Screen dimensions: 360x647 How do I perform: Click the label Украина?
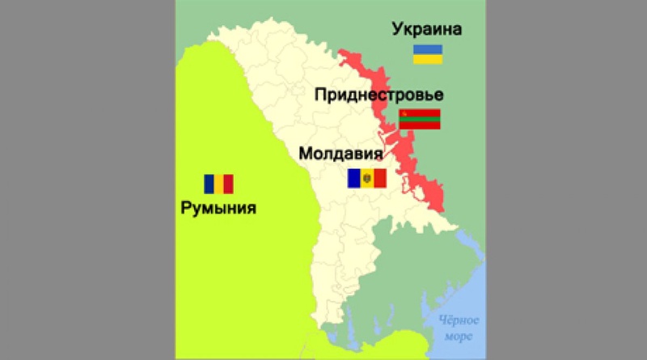pyautogui.click(x=426, y=31)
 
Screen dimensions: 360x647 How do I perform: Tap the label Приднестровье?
pyautogui.click(x=378, y=95)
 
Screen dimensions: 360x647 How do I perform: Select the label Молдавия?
pyautogui.click(x=340, y=154)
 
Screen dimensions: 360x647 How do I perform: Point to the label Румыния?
pyautogui.click(x=218, y=208)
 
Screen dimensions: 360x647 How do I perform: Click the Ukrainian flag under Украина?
pyautogui.click(x=427, y=54)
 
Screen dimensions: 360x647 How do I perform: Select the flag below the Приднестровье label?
pyautogui.click(x=420, y=119)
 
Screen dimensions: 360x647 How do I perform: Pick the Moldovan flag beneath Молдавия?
pyautogui.click(x=366, y=178)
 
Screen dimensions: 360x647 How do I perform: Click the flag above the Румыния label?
pyautogui.click(x=218, y=184)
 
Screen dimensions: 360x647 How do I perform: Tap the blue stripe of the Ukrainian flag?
pyautogui.click(x=427, y=49)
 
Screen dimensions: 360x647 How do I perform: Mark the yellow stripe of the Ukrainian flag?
pyautogui.click(x=427, y=59)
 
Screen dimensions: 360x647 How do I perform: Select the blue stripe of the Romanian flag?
pyautogui.click(x=209, y=184)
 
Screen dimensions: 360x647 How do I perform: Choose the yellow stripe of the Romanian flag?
pyautogui.click(x=218, y=184)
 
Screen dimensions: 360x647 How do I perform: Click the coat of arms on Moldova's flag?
pyautogui.click(x=366, y=178)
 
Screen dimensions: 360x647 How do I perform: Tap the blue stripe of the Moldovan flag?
pyautogui.click(x=354, y=178)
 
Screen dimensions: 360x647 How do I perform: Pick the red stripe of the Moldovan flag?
pyautogui.click(x=379, y=178)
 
